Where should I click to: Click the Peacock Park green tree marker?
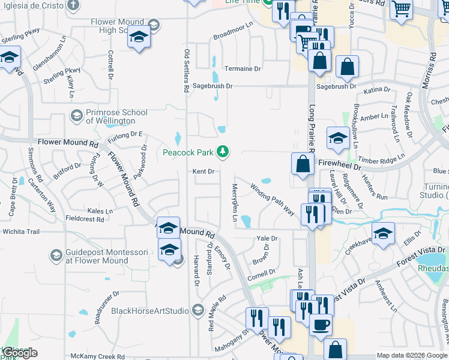point(223,152)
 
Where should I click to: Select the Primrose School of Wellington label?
point(116,116)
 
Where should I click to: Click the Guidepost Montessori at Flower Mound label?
point(97,256)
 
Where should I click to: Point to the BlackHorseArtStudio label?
point(151,311)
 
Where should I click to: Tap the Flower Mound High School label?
point(117,26)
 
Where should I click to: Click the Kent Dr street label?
point(203,172)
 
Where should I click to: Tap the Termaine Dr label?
point(243,69)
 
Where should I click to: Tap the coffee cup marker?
point(321,325)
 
